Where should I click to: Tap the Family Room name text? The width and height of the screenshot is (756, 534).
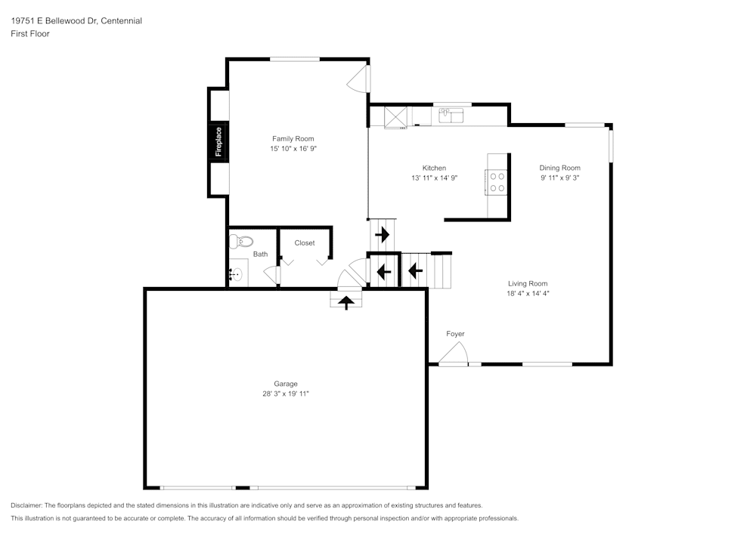tap(293, 138)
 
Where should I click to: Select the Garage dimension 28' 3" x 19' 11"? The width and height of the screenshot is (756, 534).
tap(286, 394)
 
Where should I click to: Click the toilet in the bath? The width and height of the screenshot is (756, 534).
tap(241, 242)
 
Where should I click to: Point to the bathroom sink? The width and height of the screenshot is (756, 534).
tap(238, 274)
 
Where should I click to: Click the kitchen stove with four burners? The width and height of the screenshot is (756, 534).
tap(497, 182)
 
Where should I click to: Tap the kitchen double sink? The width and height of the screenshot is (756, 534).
tap(451, 116)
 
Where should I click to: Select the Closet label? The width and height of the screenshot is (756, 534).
tap(305, 243)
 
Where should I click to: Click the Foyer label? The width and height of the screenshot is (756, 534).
tap(455, 334)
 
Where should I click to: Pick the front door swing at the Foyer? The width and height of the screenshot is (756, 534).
tap(455, 353)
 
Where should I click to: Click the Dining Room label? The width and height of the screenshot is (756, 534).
tap(559, 168)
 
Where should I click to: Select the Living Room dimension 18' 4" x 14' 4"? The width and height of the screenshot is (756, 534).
tap(528, 293)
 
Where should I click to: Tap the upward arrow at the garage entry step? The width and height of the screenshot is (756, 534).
tap(347, 303)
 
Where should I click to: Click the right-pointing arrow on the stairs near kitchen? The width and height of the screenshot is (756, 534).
tap(382, 234)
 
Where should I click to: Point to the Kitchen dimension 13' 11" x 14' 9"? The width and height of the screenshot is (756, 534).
tap(434, 178)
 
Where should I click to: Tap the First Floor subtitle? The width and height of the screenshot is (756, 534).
tap(30, 34)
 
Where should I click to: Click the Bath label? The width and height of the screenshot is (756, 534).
tap(260, 255)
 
